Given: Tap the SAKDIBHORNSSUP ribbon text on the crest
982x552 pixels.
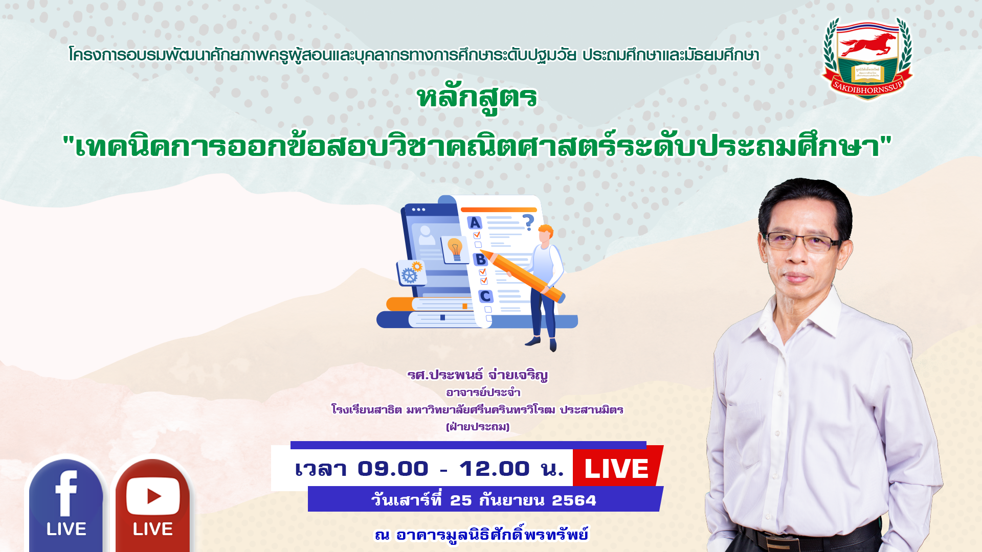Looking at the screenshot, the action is pyautogui.click(x=867, y=88).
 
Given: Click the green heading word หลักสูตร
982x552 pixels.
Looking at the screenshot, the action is pyautogui.click(x=477, y=99).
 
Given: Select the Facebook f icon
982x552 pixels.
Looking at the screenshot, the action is pyautogui.click(x=66, y=493).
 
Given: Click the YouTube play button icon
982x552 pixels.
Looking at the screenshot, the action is pyautogui.click(x=153, y=496).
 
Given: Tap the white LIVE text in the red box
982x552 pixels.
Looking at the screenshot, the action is pyautogui.click(x=616, y=469).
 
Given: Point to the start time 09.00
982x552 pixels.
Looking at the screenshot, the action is pyautogui.click(x=393, y=469).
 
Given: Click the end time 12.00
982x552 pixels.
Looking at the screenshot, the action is pyautogui.click(x=494, y=469).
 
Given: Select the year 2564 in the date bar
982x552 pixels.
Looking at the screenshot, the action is pyautogui.click(x=574, y=500).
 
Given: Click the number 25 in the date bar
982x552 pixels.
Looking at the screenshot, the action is pyautogui.click(x=461, y=500).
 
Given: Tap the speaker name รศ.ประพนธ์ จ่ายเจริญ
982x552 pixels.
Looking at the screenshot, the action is pyautogui.click(x=478, y=375).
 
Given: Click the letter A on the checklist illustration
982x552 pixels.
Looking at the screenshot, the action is pyautogui.click(x=475, y=223).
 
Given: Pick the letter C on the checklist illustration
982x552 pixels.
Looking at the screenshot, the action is pyautogui.click(x=485, y=296).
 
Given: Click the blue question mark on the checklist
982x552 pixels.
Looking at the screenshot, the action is pyautogui.click(x=528, y=222).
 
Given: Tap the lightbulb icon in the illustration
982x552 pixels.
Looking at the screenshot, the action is pyautogui.click(x=455, y=249).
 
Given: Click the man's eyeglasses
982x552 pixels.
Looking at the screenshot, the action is pyautogui.click(x=802, y=241).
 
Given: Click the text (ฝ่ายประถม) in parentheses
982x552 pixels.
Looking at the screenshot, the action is pyautogui.click(x=478, y=427).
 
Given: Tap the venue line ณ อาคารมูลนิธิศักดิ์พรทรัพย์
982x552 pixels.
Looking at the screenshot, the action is pyautogui.click(x=481, y=535).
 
